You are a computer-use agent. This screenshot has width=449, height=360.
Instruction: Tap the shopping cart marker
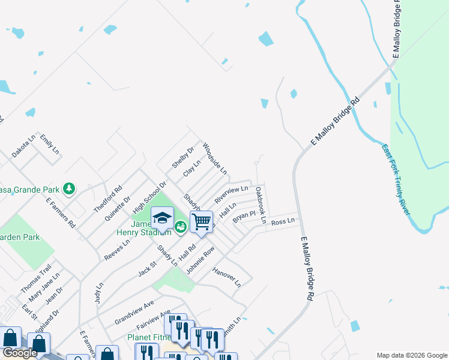[x=201, y=221]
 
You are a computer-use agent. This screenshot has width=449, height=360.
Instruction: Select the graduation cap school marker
[x=162, y=217]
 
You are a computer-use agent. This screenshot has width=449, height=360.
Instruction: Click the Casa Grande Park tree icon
[x=70, y=188]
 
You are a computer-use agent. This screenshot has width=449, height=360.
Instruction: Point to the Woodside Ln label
[x=214, y=158]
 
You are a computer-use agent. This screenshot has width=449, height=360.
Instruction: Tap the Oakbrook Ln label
[x=260, y=205]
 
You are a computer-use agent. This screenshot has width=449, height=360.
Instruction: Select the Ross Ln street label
[x=283, y=222]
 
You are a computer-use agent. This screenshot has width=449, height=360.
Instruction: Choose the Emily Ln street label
[x=50, y=144]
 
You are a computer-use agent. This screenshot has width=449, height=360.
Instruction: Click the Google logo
[x=20, y=353]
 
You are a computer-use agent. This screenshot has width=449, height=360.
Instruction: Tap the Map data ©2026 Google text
[x=412, y=355]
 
